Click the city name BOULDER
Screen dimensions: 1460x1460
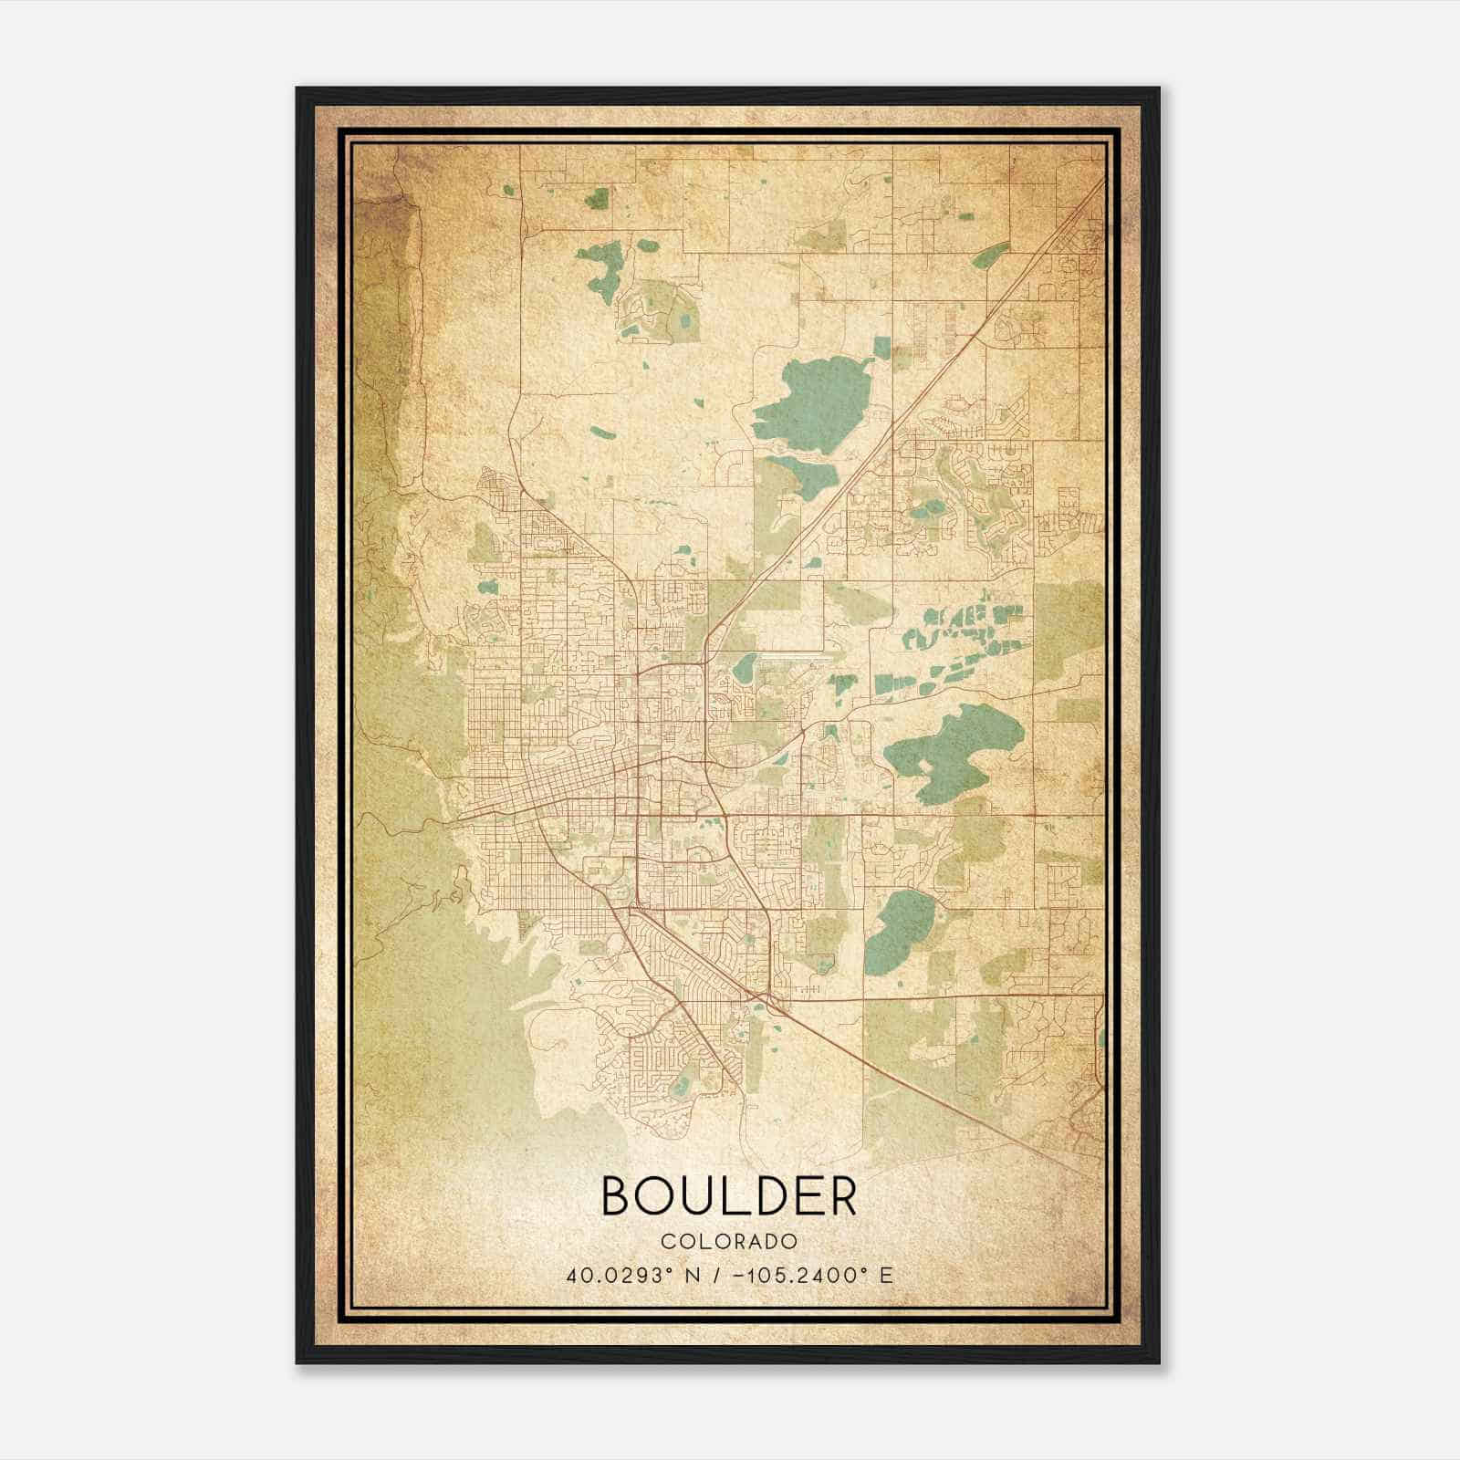[x=729, y=1196]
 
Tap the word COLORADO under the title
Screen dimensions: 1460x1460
[x=729, y=1241]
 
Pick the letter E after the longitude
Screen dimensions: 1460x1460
[x=886, y=1275]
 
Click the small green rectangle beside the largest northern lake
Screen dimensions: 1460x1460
[x=881, y=348]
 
